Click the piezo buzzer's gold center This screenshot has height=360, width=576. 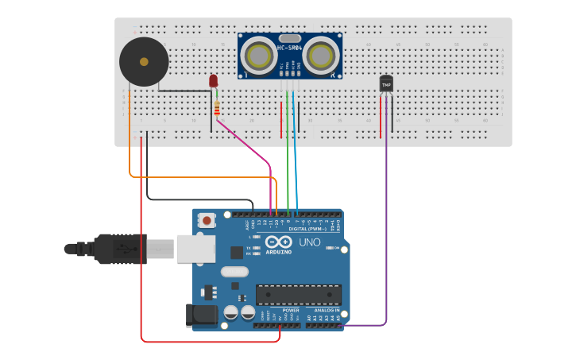144,61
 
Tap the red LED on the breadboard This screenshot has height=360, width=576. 213,80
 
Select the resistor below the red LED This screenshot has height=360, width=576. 217,109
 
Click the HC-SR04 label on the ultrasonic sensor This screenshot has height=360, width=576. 290,49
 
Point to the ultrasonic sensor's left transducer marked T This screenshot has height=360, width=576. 259,56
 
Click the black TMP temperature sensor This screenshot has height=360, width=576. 386,83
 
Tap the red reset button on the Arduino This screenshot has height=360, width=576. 207,220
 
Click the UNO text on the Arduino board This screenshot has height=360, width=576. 309,242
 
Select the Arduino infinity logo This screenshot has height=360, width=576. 279,242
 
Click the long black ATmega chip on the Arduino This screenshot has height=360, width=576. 298,295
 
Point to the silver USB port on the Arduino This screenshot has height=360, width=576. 195,249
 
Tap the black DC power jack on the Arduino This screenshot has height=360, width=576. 200,315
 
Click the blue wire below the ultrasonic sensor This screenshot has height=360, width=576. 296,159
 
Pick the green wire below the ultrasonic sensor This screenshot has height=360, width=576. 288,159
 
